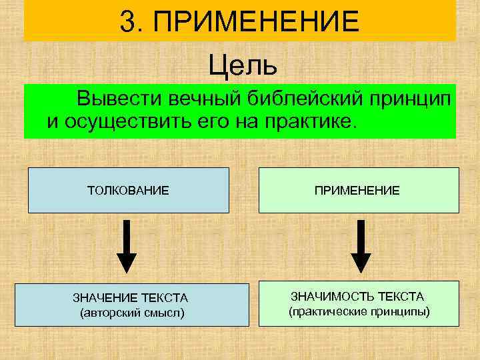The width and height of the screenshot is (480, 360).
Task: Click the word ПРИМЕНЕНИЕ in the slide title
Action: [x=256, y=21]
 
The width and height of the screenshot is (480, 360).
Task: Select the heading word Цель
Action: [x=241, y=65]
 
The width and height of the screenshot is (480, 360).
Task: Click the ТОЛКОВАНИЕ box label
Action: [x=128, y=191]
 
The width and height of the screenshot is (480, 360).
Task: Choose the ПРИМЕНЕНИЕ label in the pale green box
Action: [x=358, y=191]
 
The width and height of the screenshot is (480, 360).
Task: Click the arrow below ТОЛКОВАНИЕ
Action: [x=127, y=246]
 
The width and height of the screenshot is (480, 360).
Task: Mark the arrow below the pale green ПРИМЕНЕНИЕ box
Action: [x=361, y=246]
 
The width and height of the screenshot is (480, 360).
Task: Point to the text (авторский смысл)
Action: [x=131, y=312]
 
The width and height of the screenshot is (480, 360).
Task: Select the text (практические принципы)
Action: [x=359, y=311]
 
